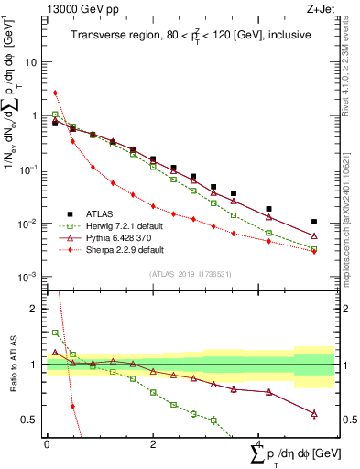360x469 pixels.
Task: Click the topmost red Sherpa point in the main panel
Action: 56,93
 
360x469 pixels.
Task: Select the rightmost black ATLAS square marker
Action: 314,222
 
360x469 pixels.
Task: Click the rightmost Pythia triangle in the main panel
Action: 314,236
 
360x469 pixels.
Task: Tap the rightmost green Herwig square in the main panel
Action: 314,249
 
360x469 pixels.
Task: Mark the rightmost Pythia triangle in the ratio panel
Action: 314,414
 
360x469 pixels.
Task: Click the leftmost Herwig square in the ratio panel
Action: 56,333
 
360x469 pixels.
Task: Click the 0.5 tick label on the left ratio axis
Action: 31,420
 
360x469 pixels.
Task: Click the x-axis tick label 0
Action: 47,444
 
